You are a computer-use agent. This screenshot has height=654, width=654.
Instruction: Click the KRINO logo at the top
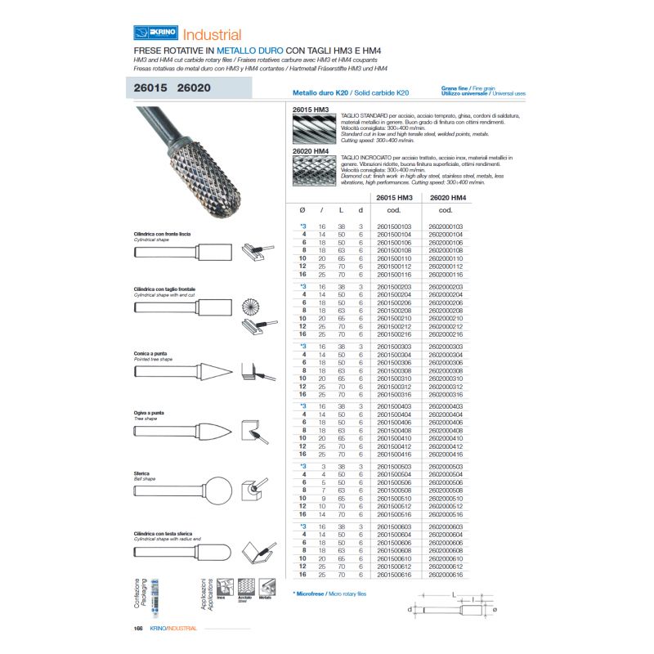(x=155, y=34)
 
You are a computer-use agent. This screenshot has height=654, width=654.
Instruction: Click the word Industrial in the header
(x=212, y=34)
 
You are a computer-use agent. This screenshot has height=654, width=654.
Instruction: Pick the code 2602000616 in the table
(x=446, y=575)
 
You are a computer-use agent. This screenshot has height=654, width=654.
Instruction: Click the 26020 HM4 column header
(x=446, y=198)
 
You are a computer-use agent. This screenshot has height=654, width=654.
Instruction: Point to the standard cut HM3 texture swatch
(x=315, y=128)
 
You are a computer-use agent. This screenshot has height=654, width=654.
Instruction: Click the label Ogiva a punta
(x=150, y=414)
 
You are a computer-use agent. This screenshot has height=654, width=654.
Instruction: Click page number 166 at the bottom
(x=138, y=628)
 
